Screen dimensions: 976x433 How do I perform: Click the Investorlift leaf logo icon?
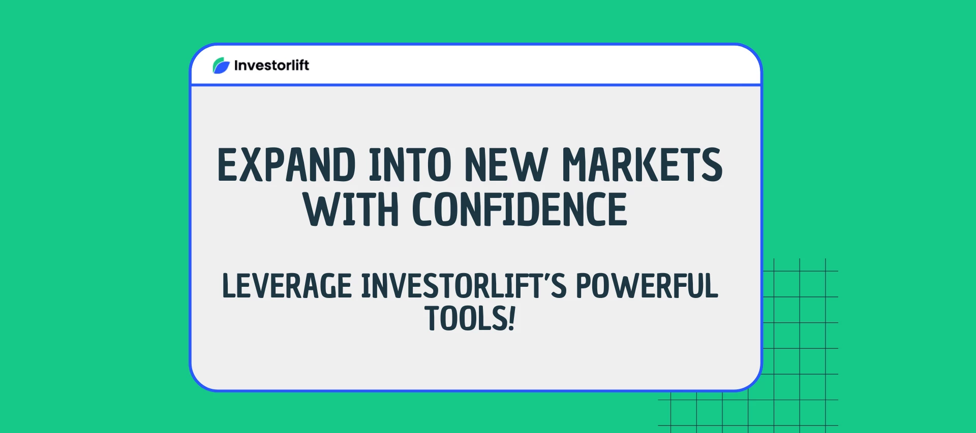point(221,65)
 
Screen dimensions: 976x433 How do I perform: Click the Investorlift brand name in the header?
point(271,65)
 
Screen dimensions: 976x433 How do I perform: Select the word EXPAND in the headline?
point(286,164)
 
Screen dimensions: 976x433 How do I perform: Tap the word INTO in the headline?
point(410,164)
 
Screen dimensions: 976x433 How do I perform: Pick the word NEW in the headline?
point(506,164)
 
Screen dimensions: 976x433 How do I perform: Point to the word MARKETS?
point(642,164)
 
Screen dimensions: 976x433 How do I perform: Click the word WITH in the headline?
point(351,209)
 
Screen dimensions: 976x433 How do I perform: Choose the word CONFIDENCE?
point(520,209)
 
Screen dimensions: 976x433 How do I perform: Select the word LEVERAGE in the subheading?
point(287,286)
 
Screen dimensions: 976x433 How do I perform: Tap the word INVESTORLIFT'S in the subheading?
point(464,286)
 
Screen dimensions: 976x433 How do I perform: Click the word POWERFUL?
point(647,286)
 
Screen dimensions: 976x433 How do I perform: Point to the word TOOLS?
point(465,318)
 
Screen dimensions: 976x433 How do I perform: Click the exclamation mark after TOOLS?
point(511,318)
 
